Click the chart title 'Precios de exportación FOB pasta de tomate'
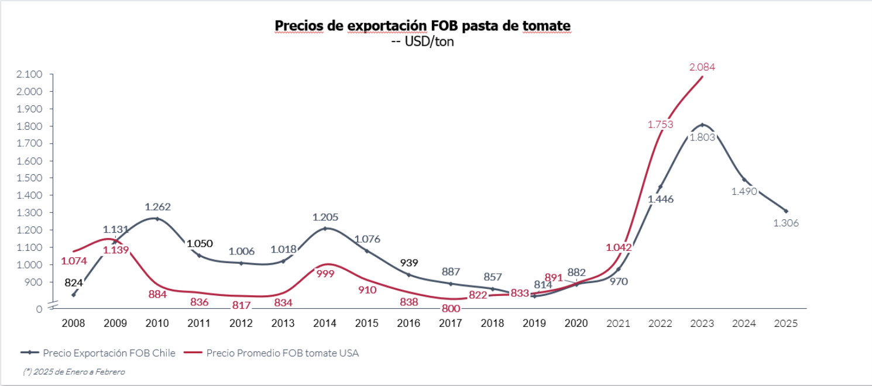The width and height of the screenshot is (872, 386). [423, 26]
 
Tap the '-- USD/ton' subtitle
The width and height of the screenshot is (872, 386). [422, 42]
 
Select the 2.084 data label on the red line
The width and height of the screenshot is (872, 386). [702, 67]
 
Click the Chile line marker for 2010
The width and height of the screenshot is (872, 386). [157, 219]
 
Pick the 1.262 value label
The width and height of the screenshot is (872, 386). [157, 206]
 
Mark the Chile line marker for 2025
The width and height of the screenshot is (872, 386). [785, 211]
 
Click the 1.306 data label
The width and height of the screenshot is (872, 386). [785, 223]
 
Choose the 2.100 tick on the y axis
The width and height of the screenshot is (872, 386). [30, 74]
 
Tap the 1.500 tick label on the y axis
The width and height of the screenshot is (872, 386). [30, 178]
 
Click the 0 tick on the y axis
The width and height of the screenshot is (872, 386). [39, 308]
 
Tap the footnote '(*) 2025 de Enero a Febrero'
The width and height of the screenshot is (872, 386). [74, 371]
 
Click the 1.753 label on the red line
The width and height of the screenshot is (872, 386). [660, 124]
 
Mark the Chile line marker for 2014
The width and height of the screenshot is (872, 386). [325, 228]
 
